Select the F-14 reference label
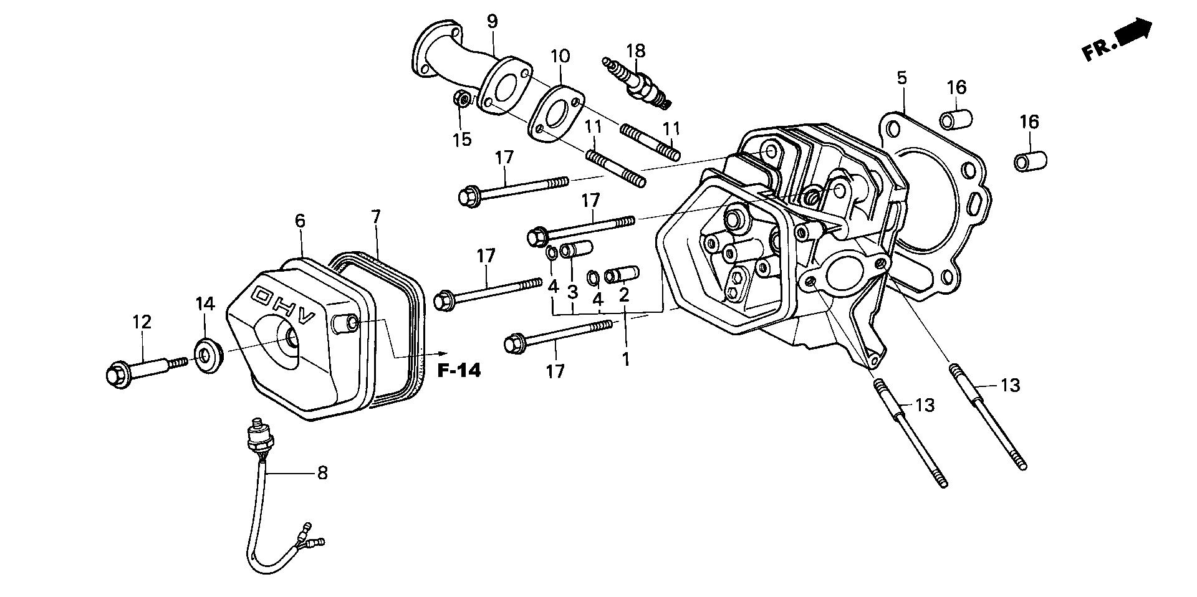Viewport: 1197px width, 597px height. (459, 371)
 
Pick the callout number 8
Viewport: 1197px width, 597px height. (322, 473)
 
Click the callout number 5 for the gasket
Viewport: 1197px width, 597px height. (901, 79)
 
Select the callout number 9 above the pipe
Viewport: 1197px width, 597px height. (493, 22)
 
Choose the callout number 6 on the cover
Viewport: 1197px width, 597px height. (300, 221)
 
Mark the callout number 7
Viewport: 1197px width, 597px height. (375, 217)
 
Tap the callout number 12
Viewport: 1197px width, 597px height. (142, 322)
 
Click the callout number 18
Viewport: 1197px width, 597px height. (636, 50)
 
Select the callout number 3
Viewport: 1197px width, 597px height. (572, 291)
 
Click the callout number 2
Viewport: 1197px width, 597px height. (623, 295)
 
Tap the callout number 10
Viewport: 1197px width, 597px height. (560, 56)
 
